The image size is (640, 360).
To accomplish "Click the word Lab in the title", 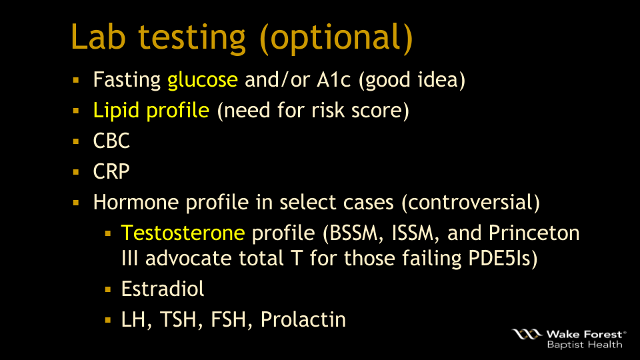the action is (x=98, y=37).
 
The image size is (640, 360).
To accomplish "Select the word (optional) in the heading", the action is (x=336, y=39).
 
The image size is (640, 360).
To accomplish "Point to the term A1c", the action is (x=333, y=79).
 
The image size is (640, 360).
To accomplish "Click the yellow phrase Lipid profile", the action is (x=151, y=111).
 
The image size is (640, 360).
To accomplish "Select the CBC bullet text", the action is (x=111, y=141).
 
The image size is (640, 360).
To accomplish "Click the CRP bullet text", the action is (x=111, y=171).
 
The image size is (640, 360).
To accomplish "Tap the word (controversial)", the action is (x=471, y=203).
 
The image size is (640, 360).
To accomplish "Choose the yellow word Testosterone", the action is (x=183, y=233).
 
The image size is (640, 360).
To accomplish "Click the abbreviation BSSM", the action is (x=353, y=233).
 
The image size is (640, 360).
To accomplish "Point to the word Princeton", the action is (x=534, y=233).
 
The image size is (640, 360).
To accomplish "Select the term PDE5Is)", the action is (x=503, y=259).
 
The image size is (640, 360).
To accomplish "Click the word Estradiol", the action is (x=163, y=289).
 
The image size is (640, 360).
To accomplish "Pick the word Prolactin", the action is (x=303, y=319).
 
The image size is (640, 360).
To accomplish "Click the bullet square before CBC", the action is (x=76, y=141).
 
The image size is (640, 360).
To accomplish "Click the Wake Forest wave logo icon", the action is (x=527, y=334).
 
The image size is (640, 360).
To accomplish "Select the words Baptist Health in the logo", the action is (x=585, y=345).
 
